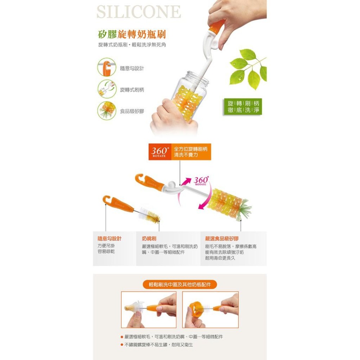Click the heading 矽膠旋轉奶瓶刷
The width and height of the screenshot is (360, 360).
[132, 35]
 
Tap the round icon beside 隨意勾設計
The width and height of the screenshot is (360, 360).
[106, 68]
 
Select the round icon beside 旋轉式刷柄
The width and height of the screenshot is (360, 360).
[106, 89]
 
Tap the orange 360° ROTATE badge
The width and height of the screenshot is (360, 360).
[160, 152]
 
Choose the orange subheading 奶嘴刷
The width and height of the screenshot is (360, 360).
[149, 239]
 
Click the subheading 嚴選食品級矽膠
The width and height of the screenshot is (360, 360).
[222, 239]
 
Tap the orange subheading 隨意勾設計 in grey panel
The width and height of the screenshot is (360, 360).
[109, 239]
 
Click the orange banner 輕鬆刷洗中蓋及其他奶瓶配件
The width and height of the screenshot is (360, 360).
[180, 284]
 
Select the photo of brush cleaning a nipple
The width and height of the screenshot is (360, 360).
[149, 310]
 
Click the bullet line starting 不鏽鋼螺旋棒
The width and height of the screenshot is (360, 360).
[158, 345]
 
